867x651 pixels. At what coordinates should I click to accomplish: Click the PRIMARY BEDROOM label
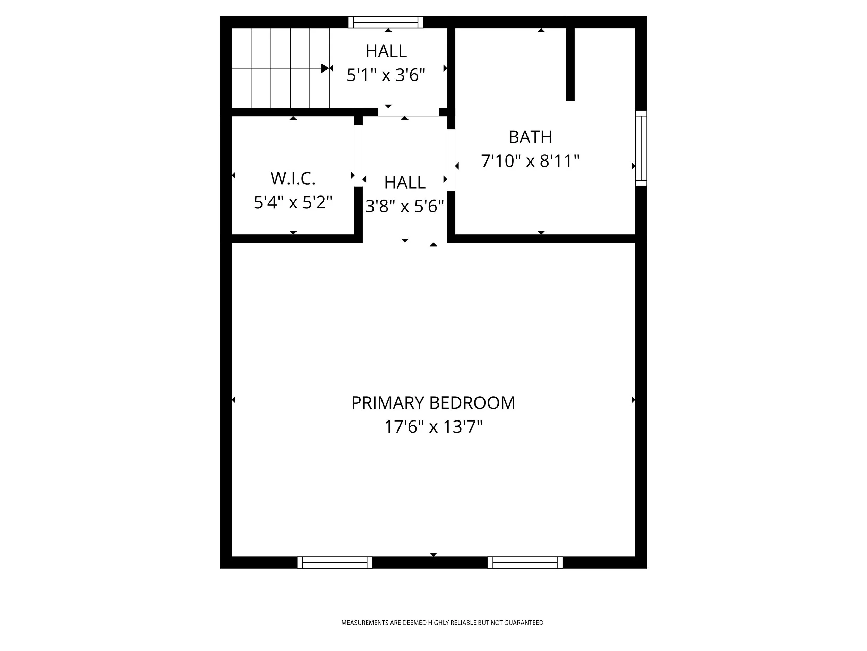click(x=433, y=403)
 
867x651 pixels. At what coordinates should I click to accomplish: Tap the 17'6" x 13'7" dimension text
click(x=433, y=427)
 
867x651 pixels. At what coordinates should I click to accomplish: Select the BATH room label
click(x=530, y=137)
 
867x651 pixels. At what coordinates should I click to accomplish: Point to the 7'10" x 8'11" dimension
click(x=530, y=161)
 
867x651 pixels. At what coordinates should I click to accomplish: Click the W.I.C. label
click(x=293, y=178)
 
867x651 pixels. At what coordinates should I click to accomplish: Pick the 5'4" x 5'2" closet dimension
click(x=293, y=202)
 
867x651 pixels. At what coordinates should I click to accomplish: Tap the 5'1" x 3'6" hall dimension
click(x=386, y=75)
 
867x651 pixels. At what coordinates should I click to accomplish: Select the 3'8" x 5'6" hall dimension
click(x=404, y=206)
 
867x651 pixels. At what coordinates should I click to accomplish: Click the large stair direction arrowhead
click(x=325, y=68)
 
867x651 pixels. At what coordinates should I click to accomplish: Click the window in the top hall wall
click(x=386, y=22)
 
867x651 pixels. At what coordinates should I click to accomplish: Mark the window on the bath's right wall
click(x=641, y=148)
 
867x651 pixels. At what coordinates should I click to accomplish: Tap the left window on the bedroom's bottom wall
click(x=335, y=562)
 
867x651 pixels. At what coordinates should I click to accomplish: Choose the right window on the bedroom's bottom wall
click(x=525, y=562)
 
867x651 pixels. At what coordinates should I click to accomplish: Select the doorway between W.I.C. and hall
click(x=359, y=156)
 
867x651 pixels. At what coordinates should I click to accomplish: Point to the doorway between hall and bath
click(x=451, y=160)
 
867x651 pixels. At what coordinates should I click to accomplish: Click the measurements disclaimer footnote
click(x=442, y=623)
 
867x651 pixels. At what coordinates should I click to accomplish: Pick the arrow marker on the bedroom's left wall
click(x=234, y=400)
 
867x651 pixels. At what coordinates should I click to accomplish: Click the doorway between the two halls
click(x=409, y=112)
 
